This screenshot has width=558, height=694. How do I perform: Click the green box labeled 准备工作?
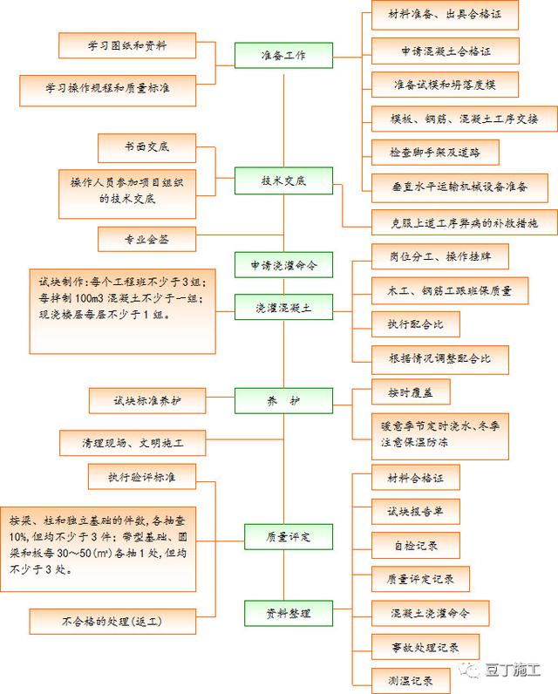click(x=283, y=56)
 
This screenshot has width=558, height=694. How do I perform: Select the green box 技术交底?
click(x=283, y=180)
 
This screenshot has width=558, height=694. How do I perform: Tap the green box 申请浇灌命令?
click(x=283, y=263)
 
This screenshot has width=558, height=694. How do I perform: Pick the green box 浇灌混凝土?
click(x=283, y=307)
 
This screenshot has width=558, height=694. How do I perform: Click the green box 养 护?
click(x=283, y=400)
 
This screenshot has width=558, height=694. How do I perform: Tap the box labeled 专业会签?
click(x=146, y=238)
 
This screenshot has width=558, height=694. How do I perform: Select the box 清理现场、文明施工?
click(x=132, y=442)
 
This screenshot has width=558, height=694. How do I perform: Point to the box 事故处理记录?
click(x=425, y=646)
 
